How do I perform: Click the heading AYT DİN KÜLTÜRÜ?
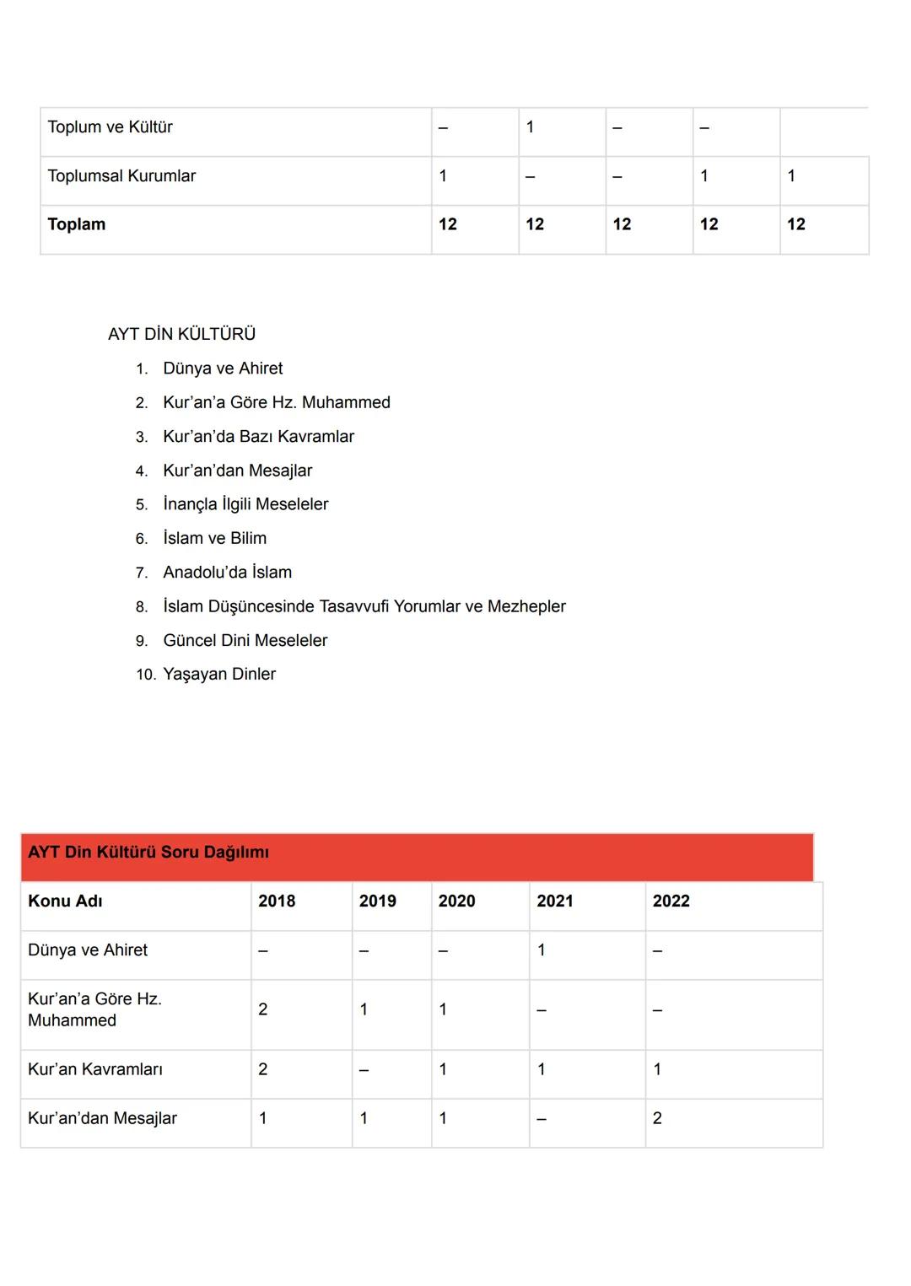(181, 334)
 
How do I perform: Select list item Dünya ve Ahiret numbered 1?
(223, 369)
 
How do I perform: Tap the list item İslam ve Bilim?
(214, 538)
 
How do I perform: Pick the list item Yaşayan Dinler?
(219, 674)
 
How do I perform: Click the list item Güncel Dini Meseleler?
(245, 640)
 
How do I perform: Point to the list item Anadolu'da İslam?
(227, 573)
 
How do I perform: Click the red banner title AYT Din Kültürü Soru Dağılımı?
(148, 853)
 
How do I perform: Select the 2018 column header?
(277, 901)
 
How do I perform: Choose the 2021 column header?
(554, 901)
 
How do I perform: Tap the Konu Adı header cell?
(65, 901)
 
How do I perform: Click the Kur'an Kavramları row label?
(95, 1069)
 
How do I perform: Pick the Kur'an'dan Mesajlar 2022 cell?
(657, 1118)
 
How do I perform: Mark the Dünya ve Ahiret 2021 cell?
(542, 950)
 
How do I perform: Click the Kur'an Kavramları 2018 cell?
(263, 1069)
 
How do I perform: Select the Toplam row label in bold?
(77, 224)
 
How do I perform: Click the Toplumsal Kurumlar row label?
(121, 176)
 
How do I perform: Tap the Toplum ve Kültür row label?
(110, 127)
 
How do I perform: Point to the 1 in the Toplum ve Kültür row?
(530, 127)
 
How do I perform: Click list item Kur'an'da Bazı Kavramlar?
(258, 437)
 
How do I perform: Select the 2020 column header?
(456, 901)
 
